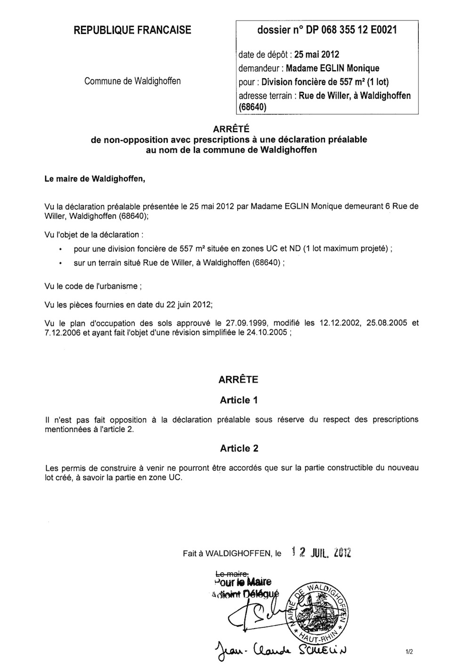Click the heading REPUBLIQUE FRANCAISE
click(x=132, y=30)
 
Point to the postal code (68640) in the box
click(x=252, y=107)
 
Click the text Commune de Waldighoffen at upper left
click(x=132, y=81)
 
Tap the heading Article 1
click(x=239, y=400)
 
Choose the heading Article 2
click(x=239, y=448)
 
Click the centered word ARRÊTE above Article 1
click(x=238, y=380)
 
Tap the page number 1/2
click(x=408, y=653)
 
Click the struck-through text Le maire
click(x=231, y=574)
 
